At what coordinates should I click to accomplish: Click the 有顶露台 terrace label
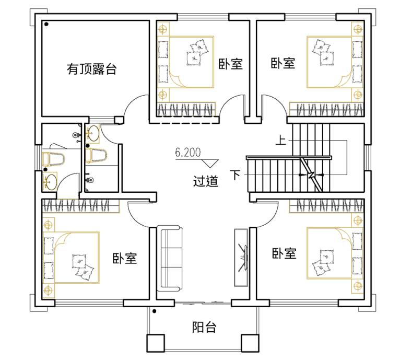coord(91,69)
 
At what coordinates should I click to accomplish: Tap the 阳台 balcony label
coord(204,328)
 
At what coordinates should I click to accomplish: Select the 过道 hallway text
coord(206,181)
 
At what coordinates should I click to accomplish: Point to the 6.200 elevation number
coord(188,153)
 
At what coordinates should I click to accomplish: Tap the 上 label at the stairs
coord(280,140)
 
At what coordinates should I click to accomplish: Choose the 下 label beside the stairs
coord(235,175)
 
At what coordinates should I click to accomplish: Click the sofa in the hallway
coord(170,258)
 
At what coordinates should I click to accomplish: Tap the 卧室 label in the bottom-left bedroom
coord(125,258)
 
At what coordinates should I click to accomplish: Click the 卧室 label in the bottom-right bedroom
coord(284,253)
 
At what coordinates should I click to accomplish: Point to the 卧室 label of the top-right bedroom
coord(283,63)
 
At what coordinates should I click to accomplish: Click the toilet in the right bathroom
coord(96,155)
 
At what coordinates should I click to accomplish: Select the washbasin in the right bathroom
coord(93,133)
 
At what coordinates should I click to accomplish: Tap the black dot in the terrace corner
coord(46,24)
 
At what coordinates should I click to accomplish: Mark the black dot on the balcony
coord(155,311)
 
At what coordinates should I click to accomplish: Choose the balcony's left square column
coord(156,343)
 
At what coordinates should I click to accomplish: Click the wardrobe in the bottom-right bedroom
coord(326,206)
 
